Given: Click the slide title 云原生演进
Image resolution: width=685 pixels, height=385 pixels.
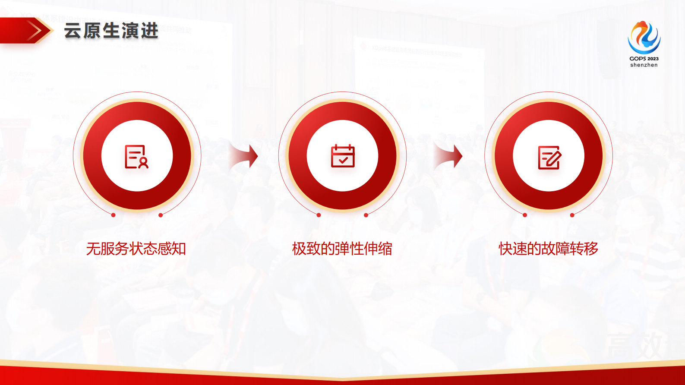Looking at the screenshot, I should (x=111, y=31).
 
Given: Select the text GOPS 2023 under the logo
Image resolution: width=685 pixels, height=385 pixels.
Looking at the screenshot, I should (x=644, y=59).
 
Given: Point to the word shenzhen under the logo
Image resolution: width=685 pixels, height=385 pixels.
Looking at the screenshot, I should (x=644, y=65).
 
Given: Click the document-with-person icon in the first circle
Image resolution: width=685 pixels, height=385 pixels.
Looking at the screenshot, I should (x=136, y=156).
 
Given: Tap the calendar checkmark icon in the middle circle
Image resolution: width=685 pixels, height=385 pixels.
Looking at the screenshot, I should (x=342, y=156).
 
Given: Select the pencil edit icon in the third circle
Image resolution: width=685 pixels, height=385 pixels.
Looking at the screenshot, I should (x=549, y=157).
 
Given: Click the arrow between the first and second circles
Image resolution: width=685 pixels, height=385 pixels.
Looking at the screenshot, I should (x=244, y=156).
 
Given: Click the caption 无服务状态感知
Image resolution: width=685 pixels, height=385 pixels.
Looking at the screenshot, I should (x=136, y=249).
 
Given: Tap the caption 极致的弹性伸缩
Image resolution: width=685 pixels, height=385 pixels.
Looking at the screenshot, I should (x=342, y=249).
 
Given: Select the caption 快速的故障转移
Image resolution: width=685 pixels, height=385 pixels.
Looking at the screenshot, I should (x=548, y=249).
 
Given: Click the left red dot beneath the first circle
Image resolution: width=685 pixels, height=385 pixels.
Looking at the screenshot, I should (x=113, y=215).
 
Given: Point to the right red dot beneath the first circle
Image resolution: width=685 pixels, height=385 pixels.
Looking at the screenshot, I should (x=161, y=215).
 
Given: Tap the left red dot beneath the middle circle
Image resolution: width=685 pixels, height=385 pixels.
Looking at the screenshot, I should (x=319, y=215).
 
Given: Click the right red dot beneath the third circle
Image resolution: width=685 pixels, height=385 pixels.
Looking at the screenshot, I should (x=572, y=215).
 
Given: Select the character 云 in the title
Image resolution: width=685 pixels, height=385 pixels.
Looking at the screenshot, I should (x=73, y=31).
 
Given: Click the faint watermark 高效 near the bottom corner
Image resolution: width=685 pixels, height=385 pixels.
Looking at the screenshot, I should (x=634, y=345).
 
